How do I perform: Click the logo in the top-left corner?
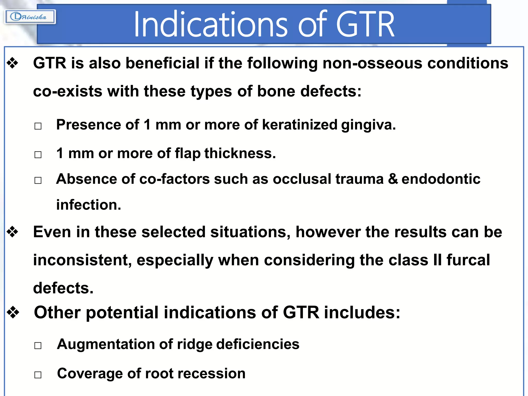click(30, 17)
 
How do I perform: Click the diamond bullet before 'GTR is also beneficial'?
click(13, 63)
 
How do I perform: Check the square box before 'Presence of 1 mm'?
click(38, 126)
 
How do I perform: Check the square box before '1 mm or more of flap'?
click(38, 155)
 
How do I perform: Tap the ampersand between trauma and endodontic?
click(393, 179)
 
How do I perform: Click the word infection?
click(88, 205)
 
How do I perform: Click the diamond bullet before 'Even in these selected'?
click(13, 232)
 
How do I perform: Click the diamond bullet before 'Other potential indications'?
click(13, 312)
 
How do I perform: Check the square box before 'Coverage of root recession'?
click(38, 375)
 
